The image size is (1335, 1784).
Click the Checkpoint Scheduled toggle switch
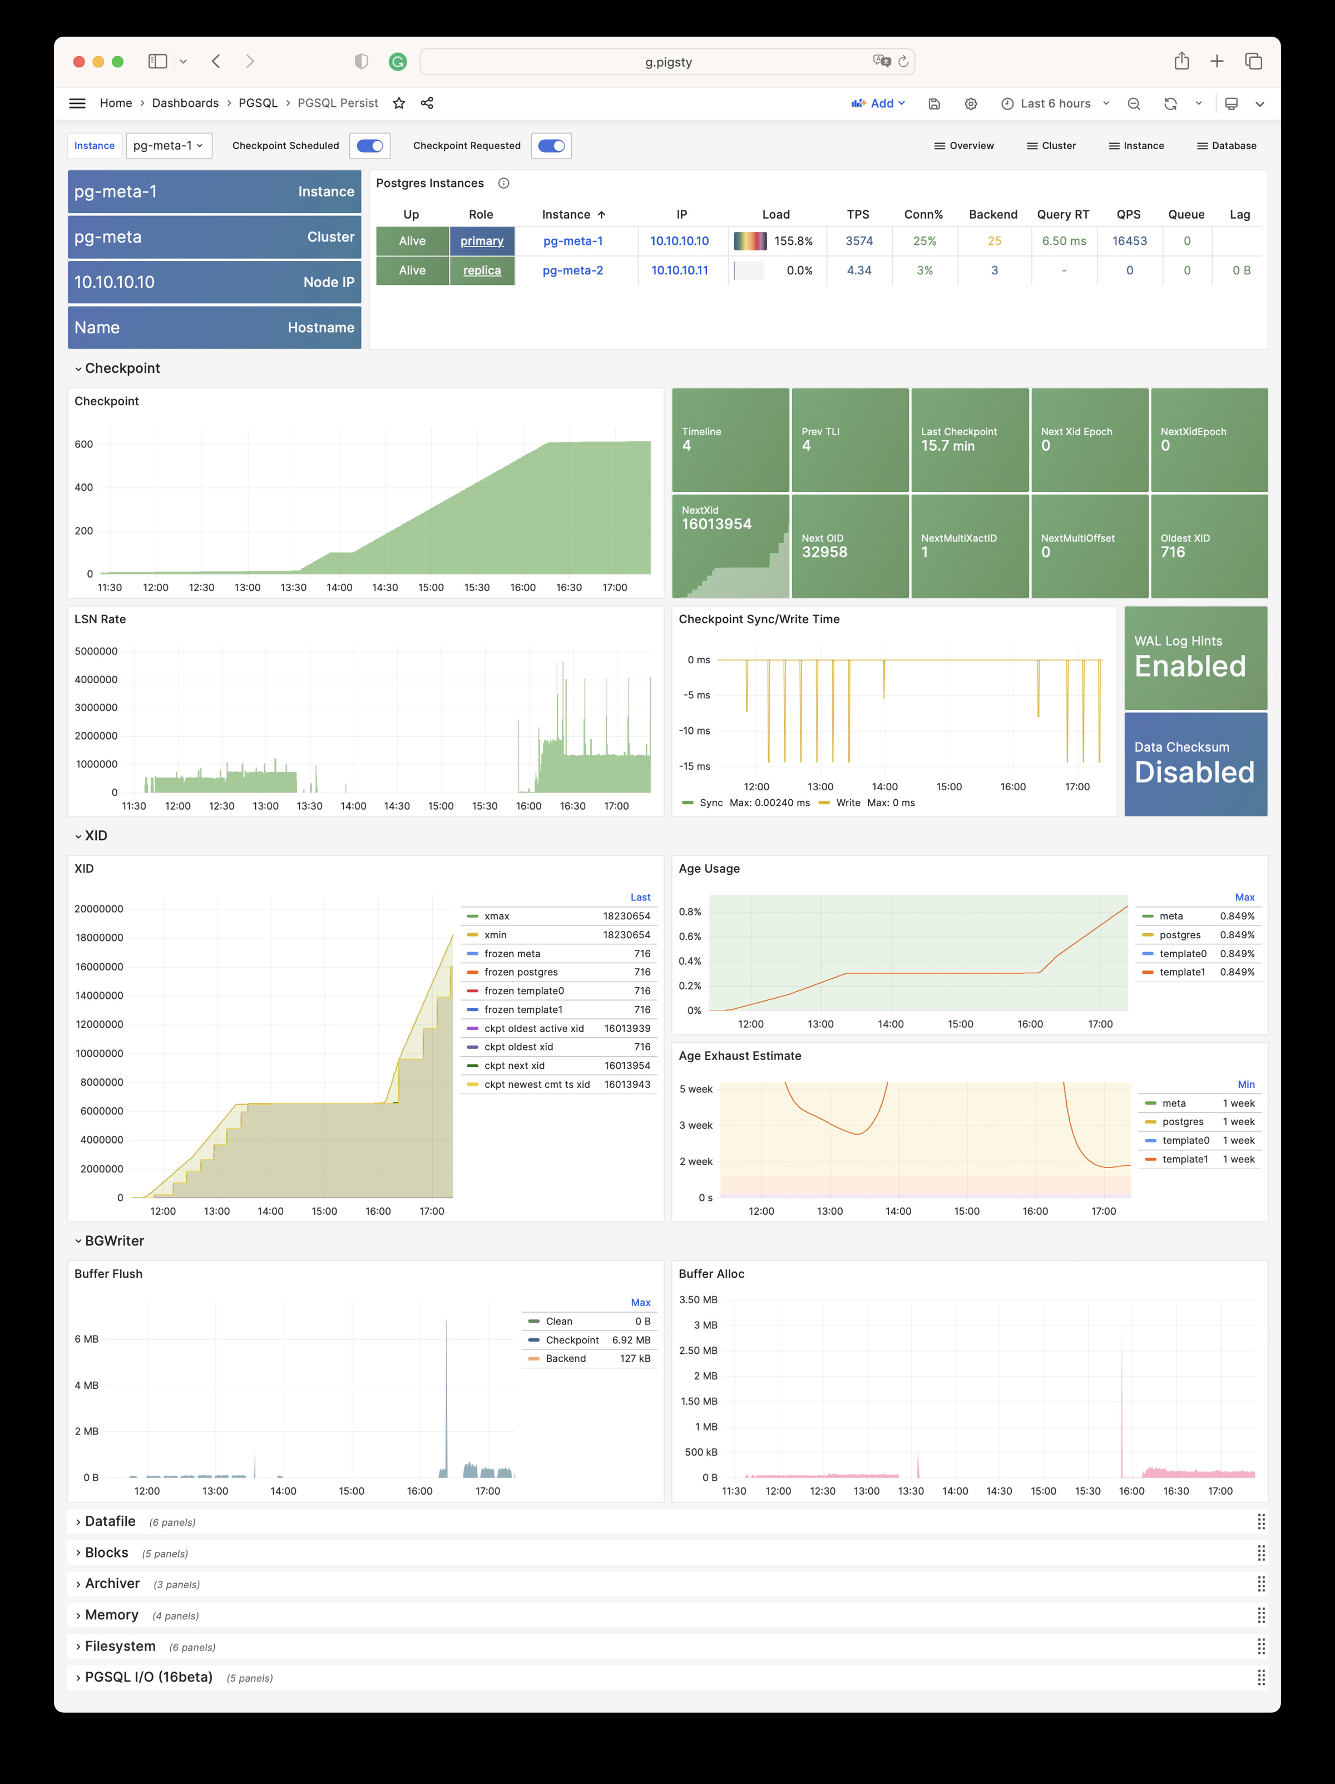[370, 146]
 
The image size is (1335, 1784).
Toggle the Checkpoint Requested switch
[551, 146]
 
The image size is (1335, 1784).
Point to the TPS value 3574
[858, 241]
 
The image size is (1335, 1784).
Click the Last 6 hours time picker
[1055, 104]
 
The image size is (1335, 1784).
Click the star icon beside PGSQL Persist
[399, 104]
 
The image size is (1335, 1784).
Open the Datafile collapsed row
[111, 1521]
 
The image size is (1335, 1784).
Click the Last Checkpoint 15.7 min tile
[969, 440]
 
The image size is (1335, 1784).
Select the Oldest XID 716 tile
[1208, 546]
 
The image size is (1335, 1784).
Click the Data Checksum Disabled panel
[1195, 764]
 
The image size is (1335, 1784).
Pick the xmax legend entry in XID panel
[497, 916]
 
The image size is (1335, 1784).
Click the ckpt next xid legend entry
[515, 1066]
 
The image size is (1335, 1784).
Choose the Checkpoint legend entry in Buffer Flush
[572, 1339]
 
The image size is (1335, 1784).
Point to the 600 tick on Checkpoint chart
[84, 445]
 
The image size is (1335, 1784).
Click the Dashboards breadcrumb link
[185, 104]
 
